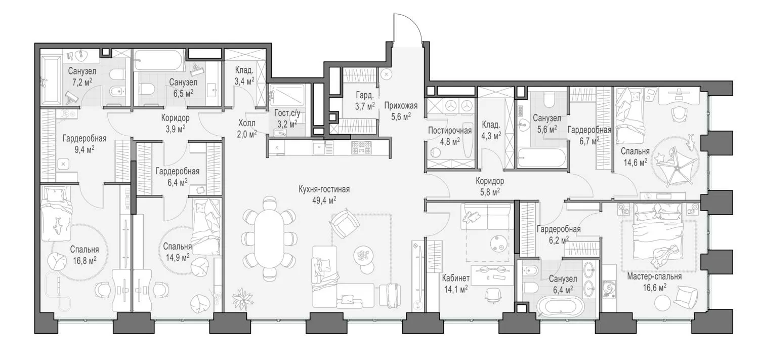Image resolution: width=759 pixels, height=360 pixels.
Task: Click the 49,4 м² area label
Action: (x=324, y=201)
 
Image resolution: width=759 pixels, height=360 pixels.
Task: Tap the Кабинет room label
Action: (x=456, y=278)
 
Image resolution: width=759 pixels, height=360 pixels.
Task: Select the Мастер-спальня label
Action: (x=654, y=276)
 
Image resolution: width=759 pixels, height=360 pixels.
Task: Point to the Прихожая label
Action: (x=401, y=106)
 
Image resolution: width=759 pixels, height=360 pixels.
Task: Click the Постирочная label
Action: (x=450, y=131)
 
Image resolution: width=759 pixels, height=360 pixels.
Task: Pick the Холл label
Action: (x=247, y=123)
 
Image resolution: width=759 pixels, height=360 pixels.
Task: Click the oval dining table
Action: (x=270, y=238)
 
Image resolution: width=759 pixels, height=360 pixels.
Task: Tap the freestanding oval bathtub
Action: (x=560, y=307)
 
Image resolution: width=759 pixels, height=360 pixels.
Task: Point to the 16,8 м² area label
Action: (x=85, y=260)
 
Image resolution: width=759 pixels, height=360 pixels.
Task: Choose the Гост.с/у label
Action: (x=287, y=113)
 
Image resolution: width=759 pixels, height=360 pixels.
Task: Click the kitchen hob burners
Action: (x=362, y=147)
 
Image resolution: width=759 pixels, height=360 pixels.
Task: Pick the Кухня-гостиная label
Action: (x=324, y=189)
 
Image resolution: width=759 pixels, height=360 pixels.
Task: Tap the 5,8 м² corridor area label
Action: (x=490, y=192)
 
